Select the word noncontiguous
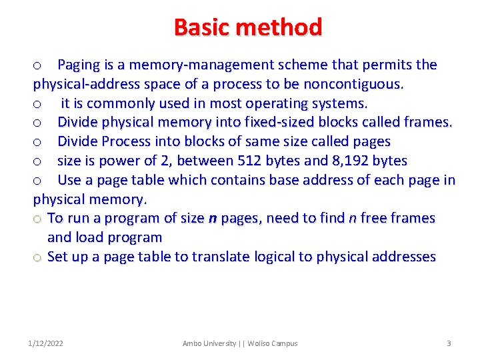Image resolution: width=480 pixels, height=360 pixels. [x=353, y=84]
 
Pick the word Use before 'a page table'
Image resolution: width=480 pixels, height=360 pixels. [x=70, y=180]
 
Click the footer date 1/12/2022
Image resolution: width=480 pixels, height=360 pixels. [x=46, y=343]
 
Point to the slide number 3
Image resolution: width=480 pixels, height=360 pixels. [x=449, y=343]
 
